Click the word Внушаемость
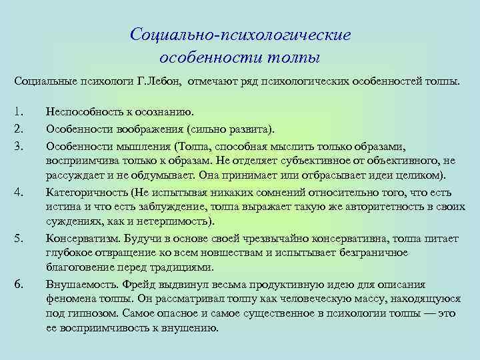tap(78, 283)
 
